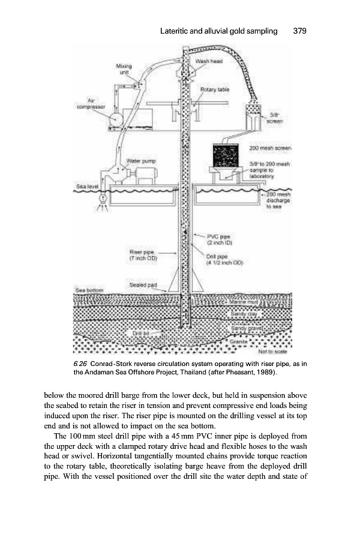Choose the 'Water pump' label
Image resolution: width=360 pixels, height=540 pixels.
pyautogui.click(x=140, y=161)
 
